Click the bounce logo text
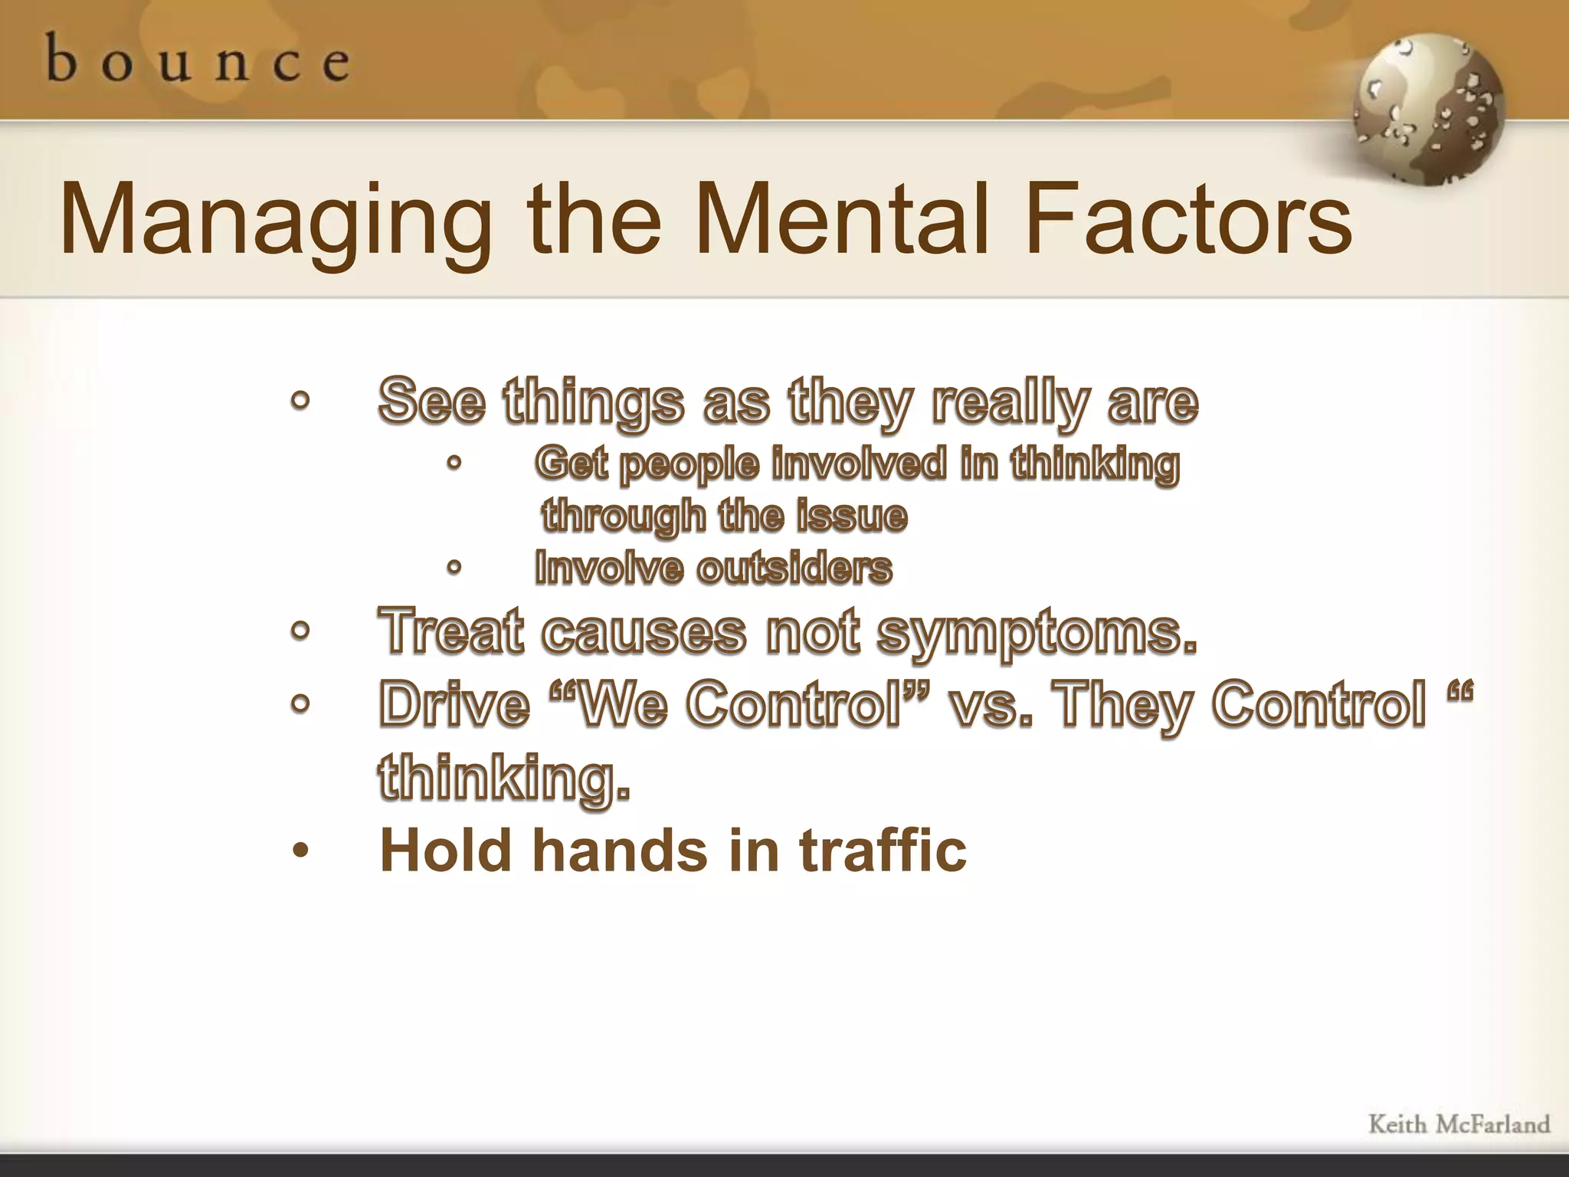click(x=198, y=60)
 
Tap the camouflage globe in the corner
click(x=1428, y=110)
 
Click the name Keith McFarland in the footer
click(x=1459, y=1125)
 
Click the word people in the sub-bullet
click(x=689, y=465)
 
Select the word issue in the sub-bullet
click(x=852, y=515)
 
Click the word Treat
click(x=451, y=631)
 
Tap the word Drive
click(x=454, y=703)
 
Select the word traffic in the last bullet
click(x=883, y=850)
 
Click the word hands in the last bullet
click(x=620, y=850)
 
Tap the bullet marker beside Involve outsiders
click(x=454, y=568)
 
